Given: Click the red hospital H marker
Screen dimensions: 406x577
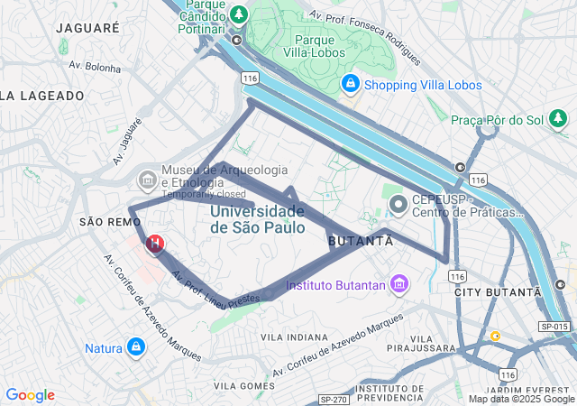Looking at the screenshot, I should [155, 244].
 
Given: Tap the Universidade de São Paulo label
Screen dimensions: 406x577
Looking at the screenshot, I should [257, 219].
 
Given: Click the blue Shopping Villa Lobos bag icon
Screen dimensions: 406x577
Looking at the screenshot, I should [351, 85].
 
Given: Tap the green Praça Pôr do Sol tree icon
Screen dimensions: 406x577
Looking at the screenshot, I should [559, 118].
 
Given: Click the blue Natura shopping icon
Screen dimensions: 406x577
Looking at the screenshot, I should [136, 347].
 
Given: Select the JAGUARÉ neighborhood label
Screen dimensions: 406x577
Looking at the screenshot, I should [87, 28].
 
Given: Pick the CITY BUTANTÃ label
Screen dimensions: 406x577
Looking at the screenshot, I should [497, 292].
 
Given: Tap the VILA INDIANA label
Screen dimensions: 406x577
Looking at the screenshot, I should [294, 337].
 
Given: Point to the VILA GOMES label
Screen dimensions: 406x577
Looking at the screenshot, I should [244, 386].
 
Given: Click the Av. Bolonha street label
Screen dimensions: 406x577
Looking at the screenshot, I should [95, 67].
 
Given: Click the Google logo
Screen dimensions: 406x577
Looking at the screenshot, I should [30, 395].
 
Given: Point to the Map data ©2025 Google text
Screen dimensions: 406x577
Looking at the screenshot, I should [521, 399].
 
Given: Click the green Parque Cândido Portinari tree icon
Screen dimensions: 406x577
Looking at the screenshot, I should [238, 14].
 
